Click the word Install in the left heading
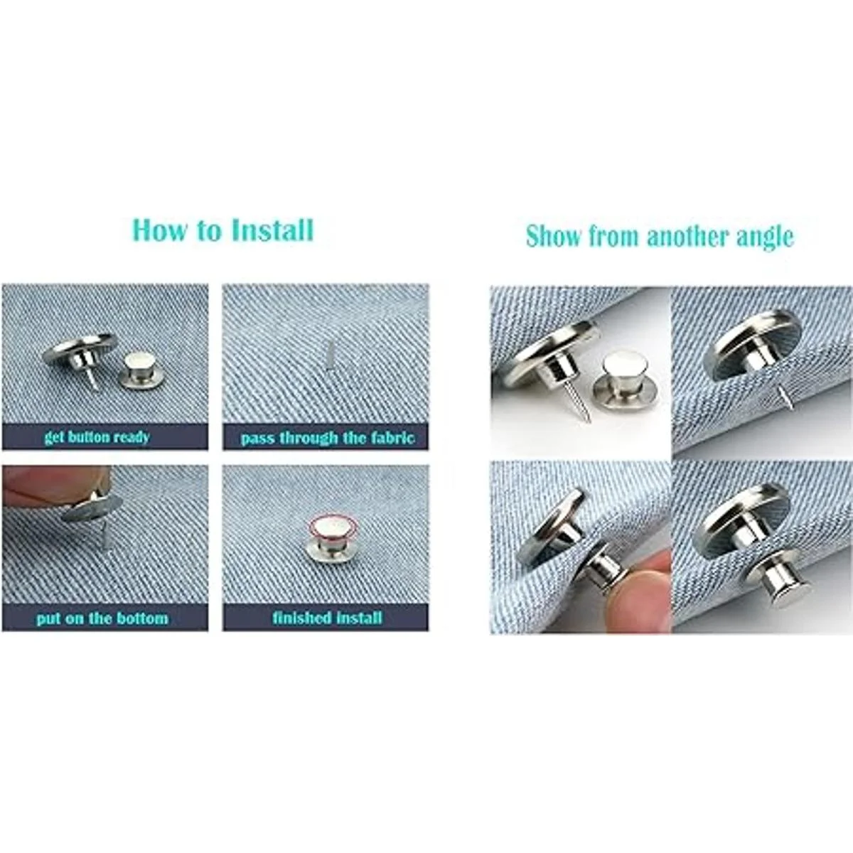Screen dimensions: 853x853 pyautogui.click(x=272, y=230)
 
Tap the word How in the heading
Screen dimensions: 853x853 pyautogui.click(x=156, y=230)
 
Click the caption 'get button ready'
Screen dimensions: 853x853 pyautogui.click(x=97, y=437)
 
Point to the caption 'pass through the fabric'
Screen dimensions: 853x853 pyautogui.click(x=328, y=439)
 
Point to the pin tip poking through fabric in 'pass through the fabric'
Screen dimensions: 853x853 pyautogui.click(x=328, y=354)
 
